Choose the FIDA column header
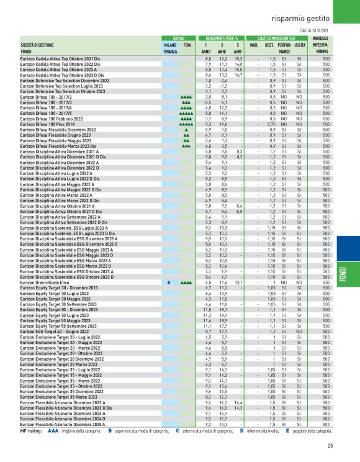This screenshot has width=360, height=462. (x=187, y=45)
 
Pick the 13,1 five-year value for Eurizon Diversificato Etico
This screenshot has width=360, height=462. (x=238, y=282)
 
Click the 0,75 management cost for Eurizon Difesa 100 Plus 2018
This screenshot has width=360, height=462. (x=272, y=124)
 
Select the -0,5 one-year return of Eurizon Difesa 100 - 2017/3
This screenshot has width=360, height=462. (x=208, y=102)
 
